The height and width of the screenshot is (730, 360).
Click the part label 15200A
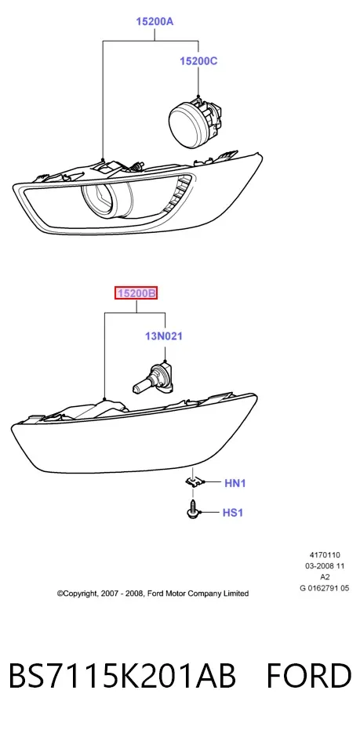[155, 21]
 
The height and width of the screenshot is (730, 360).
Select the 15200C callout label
[199, 61]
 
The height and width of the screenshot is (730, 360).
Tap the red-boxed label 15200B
[136, 294]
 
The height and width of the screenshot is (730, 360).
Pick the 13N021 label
[163, 336]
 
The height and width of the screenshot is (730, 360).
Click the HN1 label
[235, 483]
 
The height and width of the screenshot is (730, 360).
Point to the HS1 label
[233, 513]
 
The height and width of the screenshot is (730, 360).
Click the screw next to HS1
[192, 510]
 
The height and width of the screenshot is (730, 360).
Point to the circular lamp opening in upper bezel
[107, 201]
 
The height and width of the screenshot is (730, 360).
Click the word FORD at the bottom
[309, 677]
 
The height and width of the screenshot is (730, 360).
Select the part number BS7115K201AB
[122, 677]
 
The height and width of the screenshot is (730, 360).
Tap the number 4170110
[325, 555]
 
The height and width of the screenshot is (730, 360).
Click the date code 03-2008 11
[325, 566]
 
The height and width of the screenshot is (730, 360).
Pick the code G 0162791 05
[325, 588]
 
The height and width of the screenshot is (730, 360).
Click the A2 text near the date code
[325, 577]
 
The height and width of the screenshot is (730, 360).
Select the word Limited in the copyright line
[236, 594]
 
